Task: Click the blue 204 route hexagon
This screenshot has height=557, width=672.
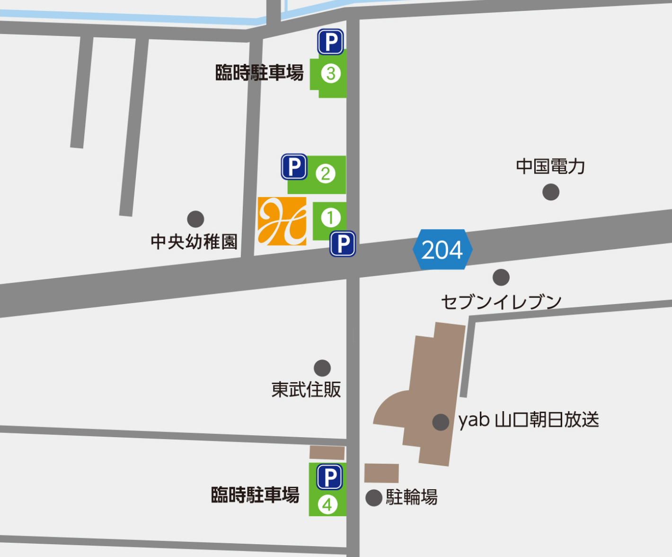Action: point(442,250)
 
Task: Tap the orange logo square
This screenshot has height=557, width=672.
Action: point(282,221)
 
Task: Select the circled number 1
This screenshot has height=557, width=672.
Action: point(330,218)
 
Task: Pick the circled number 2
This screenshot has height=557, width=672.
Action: point(325,173)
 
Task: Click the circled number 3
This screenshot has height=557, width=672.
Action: point(331,73)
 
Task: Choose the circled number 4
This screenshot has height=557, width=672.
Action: point(327,504)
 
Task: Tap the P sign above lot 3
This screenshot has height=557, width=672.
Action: point(330,42)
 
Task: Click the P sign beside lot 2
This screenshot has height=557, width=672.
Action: point(294,167)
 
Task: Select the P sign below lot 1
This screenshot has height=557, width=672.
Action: point(343,244)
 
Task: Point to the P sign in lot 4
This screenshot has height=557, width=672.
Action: point(329,476)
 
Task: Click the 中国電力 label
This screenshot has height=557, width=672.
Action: point(550,167)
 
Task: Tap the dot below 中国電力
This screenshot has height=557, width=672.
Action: point(550,192)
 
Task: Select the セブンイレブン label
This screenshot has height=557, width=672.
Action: point(501,302)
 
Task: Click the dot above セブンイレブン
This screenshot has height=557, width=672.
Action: point(501,277)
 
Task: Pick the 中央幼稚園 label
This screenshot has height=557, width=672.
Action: point(194,242)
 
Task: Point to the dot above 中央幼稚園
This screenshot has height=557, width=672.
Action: point(195,219)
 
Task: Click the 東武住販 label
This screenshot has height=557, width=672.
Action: point(306,390)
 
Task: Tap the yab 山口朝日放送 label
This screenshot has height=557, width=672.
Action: point(529,420)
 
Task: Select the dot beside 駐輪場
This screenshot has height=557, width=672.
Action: point(374,497)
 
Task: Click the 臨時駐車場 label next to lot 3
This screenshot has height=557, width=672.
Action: point(259,73)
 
